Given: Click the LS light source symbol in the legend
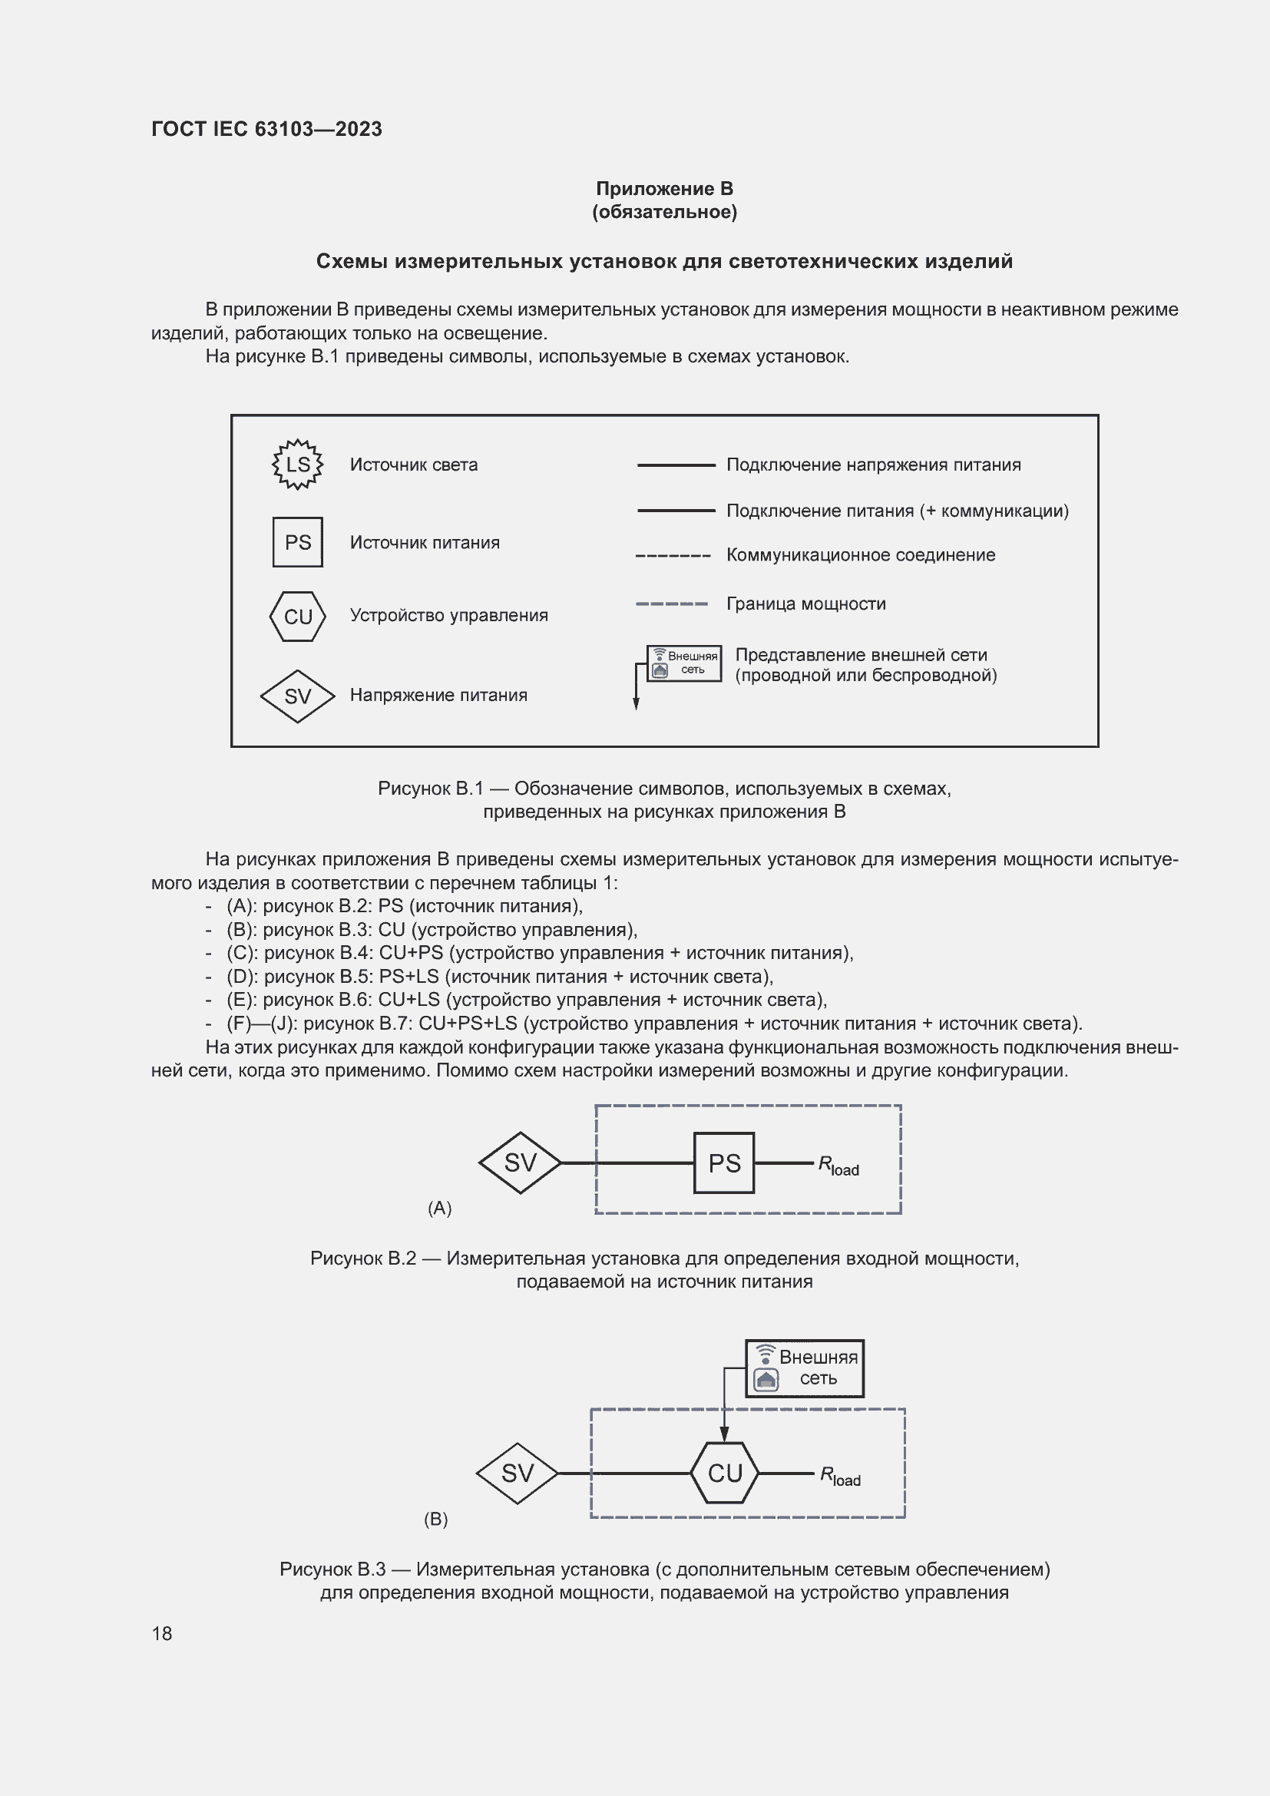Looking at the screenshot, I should (297, 465).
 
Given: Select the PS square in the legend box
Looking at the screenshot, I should (297, 542).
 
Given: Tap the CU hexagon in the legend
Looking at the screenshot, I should (297, 617).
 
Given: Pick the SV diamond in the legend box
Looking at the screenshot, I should (297, 696).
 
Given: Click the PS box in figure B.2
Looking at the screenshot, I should (723, 1163).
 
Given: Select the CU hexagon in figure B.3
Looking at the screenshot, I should (724, 1473).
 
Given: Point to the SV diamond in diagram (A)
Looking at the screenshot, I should (520, 1163).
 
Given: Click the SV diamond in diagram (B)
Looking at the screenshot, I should (517, 1474).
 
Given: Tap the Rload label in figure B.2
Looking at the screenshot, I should (838, 1166).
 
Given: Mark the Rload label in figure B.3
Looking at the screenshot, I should (839, 1477).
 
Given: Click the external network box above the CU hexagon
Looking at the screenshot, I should (805, 1368).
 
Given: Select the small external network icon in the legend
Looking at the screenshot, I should (683, 663).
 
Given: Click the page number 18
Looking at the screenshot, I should (162, 1634).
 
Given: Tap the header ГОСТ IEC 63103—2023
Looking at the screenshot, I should (266, 129).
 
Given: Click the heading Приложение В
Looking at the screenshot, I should (664, 189).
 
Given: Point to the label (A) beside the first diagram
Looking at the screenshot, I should (439, 1209).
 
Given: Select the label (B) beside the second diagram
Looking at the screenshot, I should (435, 1519).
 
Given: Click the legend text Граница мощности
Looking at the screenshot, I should (805, 604).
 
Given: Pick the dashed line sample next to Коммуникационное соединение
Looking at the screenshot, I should (673, 556).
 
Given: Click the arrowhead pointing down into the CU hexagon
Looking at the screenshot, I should (724, 1434).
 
